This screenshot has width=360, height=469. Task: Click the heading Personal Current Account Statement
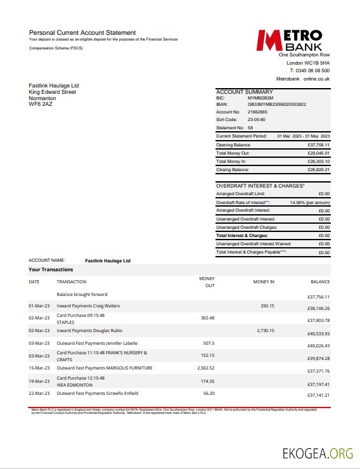click(82, 32)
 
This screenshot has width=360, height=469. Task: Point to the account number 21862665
click(258, 112)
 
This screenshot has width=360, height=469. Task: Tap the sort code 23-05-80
click(256, 119)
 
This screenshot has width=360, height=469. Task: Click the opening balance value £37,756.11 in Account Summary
click(319, 145)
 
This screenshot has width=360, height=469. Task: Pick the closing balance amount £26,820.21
click(319, 170)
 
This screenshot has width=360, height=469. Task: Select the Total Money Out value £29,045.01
click(319, 153)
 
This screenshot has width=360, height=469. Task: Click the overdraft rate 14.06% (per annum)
click(310, 202)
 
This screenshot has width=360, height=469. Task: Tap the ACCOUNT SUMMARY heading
click(245, 92)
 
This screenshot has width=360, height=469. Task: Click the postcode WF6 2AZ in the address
click(41, 104)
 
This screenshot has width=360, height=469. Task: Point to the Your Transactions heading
click(52, 269)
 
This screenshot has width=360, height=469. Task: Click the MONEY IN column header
click(264, 281)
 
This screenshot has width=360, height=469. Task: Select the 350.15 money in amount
click(267, 306)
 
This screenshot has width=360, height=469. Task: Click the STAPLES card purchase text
click(66, 322)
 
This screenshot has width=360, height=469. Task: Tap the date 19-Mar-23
click(39, 382)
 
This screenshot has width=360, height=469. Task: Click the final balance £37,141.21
click(319, 395)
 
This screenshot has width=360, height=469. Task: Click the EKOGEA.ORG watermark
click(318, 453)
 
